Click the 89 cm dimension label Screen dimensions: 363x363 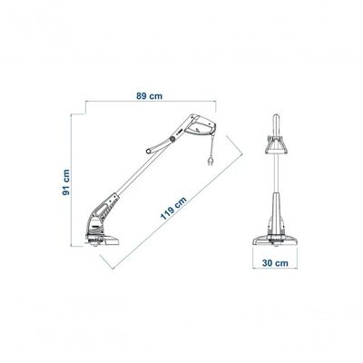pyautogui.click(x=150, y=96)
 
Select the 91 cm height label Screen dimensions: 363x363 pyautogui.click(x=66, y=182)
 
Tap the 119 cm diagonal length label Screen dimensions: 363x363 pyautogui.click(x=173, y=208)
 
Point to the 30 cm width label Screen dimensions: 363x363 pyautogui.click(x=275, y=263)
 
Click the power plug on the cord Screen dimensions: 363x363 pyautogui.click(x=210, y=162)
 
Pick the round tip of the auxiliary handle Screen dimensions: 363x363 pyautogui.click(x=149, y=151)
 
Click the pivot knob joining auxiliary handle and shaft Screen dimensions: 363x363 pyautogui.click(x=172, y=139)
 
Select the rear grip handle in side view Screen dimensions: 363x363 pyautogui.click(x=200, y=125)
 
